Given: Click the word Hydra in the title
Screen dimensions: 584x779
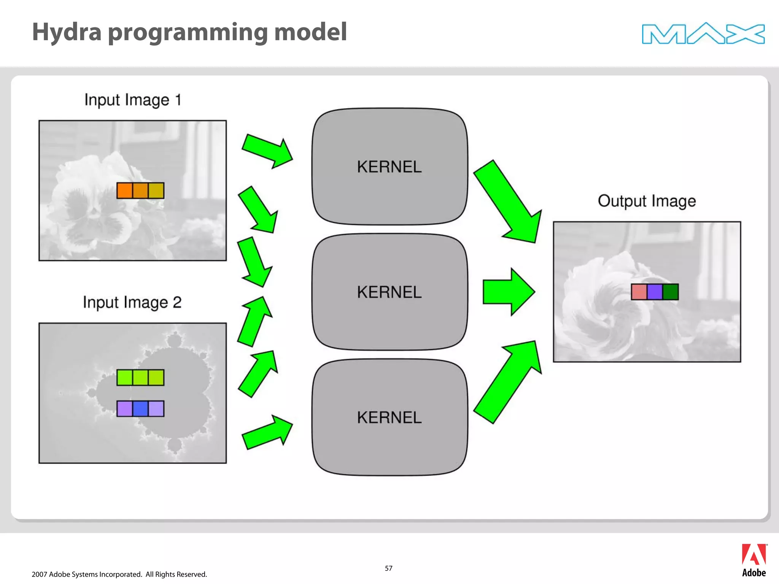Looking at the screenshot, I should pos(67,32).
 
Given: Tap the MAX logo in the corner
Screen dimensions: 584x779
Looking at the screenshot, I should pos(703,33).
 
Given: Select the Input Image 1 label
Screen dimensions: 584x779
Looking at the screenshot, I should pos(132,100).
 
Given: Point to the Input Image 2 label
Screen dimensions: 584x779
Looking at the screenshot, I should pos(132,303).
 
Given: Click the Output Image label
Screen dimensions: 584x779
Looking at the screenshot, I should pos(647,201).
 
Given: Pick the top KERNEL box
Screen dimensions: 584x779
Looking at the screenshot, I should pos(389,167).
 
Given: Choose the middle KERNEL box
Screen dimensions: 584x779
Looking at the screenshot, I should pos(389,292).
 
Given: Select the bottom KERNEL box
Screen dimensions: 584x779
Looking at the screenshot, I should pos(389,417).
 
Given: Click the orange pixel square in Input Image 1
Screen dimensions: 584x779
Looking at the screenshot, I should pos(125,190).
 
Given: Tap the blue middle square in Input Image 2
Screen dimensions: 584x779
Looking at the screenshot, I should pos(140,409).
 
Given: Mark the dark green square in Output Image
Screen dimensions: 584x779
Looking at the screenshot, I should pos(670,292).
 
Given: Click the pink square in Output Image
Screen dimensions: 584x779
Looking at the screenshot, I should pos(639,292).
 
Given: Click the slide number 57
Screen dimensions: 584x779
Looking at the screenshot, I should pos(388,568).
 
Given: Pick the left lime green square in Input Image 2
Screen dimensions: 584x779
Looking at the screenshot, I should pos(125,378).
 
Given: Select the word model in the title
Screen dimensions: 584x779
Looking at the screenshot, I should pos(310,32).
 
